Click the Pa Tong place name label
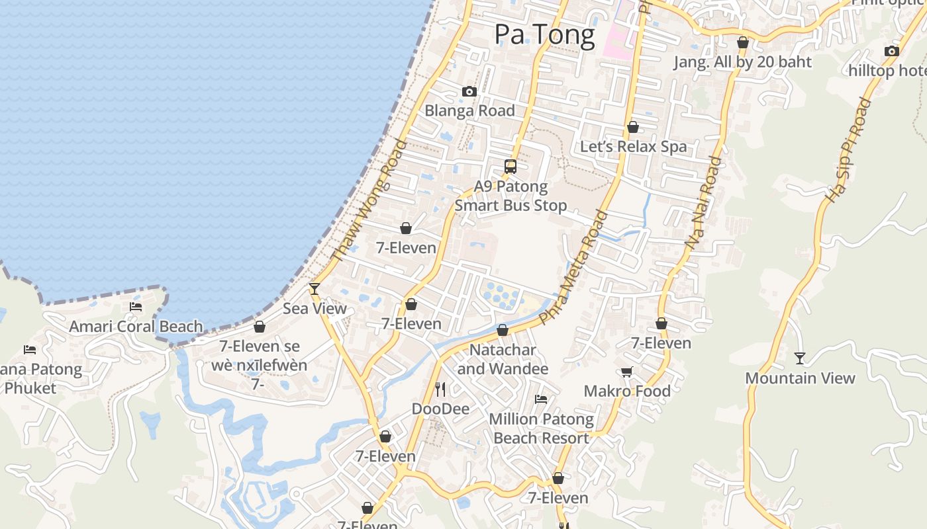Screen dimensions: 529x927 click(544, 34)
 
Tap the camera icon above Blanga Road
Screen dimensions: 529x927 click(469, 91)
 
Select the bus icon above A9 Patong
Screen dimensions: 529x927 click(511, 166)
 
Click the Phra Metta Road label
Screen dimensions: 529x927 click(573, 267)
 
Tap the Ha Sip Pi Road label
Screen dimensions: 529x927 click(848, 150)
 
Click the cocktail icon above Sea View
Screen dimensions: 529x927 click(315, 289)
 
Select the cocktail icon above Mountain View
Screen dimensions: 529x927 click(800, 358)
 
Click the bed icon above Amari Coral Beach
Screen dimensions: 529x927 click(136, 307)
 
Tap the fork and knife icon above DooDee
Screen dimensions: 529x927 click(440, 389)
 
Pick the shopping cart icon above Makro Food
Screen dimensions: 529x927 click(627, 372)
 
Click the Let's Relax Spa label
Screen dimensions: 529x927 click(633, 147)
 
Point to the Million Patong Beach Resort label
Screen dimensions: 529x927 click(541, 428)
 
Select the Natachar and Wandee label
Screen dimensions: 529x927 click(503, 359)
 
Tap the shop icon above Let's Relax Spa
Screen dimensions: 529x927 click(633, 127)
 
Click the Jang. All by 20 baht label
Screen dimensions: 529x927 click(742, 62)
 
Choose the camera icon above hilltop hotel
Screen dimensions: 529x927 click(892, 51)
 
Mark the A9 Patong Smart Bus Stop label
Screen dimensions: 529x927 click(511, 196)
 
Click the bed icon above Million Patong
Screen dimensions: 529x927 click(541, 399)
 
